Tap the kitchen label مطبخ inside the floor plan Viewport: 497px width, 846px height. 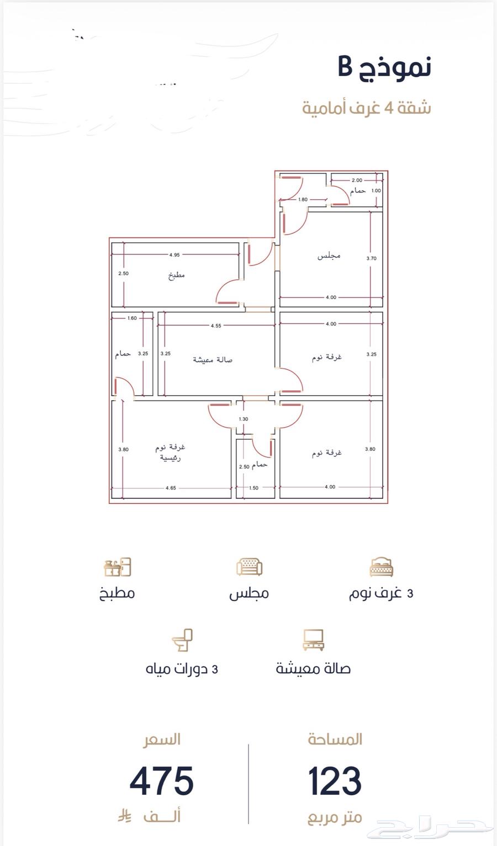[x=177, y=275]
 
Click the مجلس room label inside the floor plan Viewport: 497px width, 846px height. [x=329, y=256]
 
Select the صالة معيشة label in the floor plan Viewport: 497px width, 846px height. [x=213, y=360]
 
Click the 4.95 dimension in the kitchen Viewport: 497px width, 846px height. [x=175, y=255]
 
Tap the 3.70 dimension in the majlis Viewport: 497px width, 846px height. [x=371, y=258]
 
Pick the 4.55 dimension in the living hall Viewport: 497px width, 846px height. [x=216, y=326]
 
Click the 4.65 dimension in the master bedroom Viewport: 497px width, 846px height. [x=171, y=488]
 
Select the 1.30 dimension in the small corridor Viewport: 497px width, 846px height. [x=244, y=419]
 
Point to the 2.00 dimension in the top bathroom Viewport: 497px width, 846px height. [x=357, y=180]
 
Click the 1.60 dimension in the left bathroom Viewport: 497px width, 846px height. [x=132, y=318]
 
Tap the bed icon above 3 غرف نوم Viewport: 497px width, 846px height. [x=382, y=567]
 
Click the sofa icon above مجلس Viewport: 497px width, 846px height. [x=249, y=567]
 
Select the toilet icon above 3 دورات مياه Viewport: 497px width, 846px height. [x=182, y=640]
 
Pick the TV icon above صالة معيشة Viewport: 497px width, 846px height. [x=314, y=640]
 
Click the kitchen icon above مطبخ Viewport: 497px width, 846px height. [x=118, y=567]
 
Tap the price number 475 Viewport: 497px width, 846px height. [x=162, y=781]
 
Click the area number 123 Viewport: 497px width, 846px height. [x=335, y=781]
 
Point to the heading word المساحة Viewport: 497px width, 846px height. [x=335, y=739]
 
